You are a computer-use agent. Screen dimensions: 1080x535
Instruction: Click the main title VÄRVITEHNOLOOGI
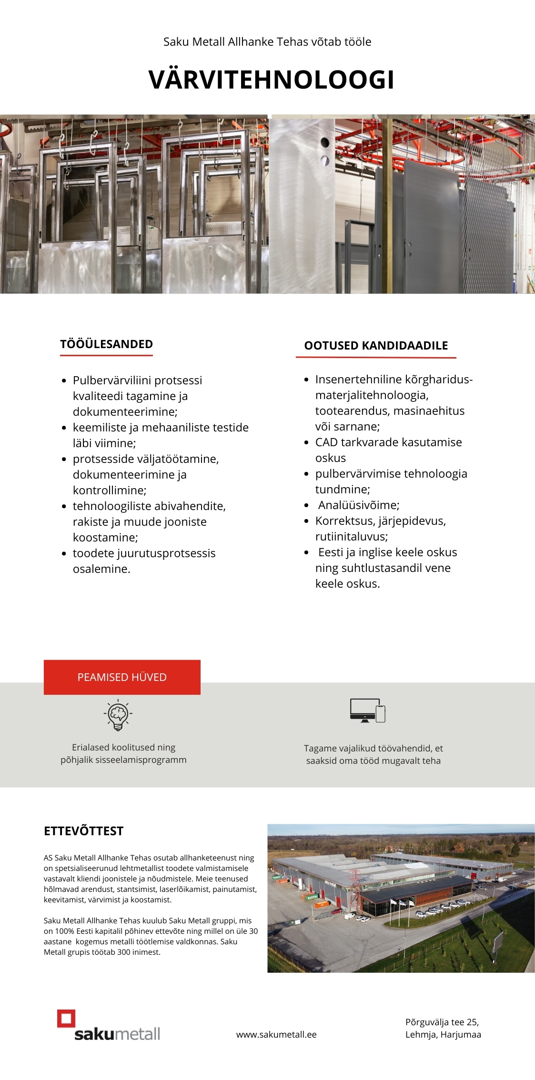click(271, 80)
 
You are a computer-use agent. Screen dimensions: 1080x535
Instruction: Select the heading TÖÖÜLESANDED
click(106, 344)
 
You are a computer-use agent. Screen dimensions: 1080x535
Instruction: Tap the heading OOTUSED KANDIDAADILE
click(376, 346)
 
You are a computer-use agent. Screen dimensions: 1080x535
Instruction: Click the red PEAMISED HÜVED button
click(122, 677)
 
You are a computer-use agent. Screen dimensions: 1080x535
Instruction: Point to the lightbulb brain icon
click(118, 715)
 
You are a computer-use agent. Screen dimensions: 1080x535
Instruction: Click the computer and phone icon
click(367, 711)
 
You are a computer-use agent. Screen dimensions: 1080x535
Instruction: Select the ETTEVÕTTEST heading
click(83, 831)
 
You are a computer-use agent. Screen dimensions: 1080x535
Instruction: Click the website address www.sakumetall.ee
click(276, 1034)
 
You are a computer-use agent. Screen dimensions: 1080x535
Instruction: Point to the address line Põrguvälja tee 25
click(442, 1022)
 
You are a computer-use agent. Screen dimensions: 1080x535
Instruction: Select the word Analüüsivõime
click(358, 505)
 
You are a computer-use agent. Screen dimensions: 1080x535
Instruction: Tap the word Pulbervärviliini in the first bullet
click(112, 380)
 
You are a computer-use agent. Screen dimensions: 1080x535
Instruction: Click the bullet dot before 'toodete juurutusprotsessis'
click(64, 554)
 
